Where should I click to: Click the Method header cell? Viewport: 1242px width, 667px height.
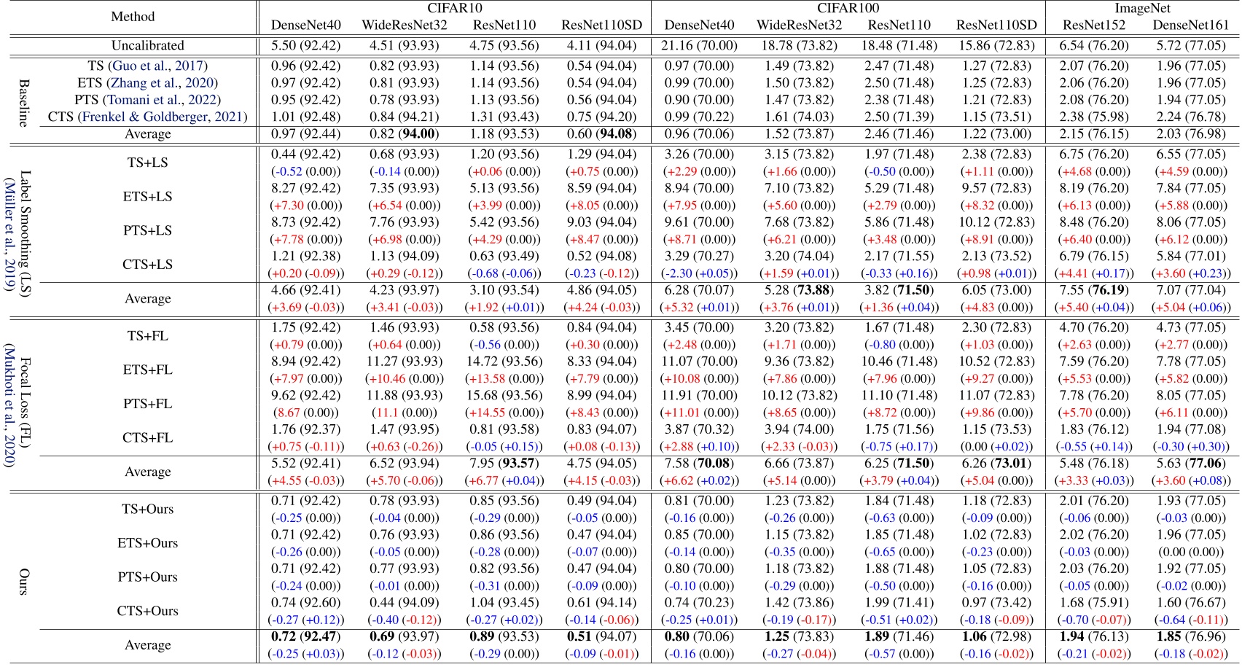133,16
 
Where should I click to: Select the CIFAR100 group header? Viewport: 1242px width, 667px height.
848,8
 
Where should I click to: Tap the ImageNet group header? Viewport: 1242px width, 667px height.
1142,8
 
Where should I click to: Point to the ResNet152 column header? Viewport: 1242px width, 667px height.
1093,25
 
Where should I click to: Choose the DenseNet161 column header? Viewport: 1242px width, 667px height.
1190,25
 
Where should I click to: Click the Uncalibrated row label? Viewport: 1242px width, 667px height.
147,45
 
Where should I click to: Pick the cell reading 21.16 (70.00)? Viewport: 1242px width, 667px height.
699,45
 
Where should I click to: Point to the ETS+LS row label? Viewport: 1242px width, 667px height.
147,197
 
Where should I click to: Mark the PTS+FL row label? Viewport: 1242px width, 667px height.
147,404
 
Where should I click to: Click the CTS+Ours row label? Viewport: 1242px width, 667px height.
147,611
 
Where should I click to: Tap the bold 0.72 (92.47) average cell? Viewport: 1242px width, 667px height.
305,636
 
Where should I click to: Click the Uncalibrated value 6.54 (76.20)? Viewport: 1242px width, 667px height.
1093,45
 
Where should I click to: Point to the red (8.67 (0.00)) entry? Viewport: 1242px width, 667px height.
305,413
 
